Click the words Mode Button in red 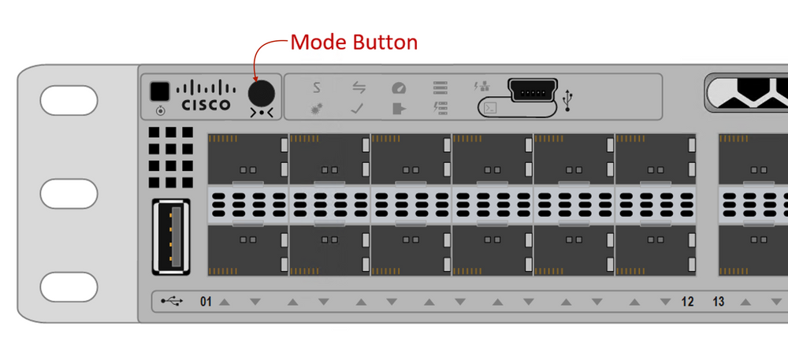[x=354, y=42]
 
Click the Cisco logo [x=206, y=95]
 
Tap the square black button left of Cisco [x=161, y=91]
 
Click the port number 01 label [x=206, y=302]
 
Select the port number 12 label [x=687, y=302]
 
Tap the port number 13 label [x=719, y=302]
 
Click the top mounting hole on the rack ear [x=68, y=101]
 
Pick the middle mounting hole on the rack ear [x=68, y=193]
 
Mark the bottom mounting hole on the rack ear [x=68, y=285]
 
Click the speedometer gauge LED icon [x=399, y=88]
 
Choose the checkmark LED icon [x=357, y=108]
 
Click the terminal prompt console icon [x=489, y=107]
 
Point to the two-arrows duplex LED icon [x=358, y=88]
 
